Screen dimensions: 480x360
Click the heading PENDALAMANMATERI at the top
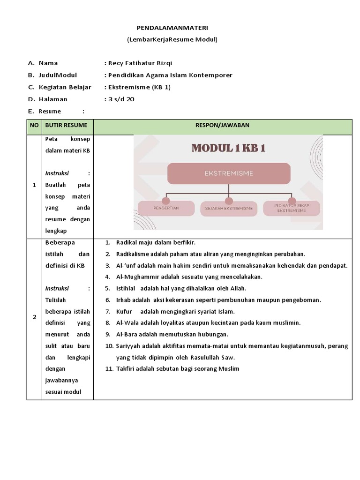(172, 28)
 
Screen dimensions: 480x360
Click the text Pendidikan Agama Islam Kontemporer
(170, 75)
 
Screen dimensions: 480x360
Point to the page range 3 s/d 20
(121, 99)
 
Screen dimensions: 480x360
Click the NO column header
(34, 125)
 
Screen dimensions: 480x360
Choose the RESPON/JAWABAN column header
(222, 125)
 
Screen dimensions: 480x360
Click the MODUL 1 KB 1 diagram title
(228, 148)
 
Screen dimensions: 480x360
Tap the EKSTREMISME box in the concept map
(229, 173)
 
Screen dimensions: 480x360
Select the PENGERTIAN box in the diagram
(166, 208)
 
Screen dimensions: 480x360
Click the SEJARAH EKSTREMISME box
(229, 208)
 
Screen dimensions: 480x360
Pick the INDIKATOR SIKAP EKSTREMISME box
(292, 208)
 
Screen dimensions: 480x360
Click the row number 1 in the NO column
(34, 185)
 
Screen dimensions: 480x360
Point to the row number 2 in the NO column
(34, 317)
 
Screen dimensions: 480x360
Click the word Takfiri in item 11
(126, 368)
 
